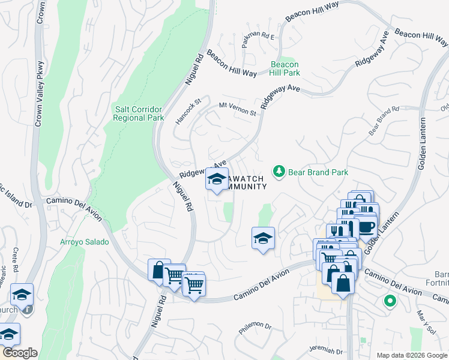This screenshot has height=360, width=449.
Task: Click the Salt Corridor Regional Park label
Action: [138, 113]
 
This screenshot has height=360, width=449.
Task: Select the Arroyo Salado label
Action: [85, 242]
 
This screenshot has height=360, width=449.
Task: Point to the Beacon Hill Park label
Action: [285, 68]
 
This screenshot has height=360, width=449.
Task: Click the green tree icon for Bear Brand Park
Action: [279, 172]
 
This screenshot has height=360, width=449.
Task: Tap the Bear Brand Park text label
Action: [318, 172]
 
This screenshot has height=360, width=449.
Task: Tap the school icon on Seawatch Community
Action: [217, 179]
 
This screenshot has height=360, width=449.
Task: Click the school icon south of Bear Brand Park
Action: [263, 238]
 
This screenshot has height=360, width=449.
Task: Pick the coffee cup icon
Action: [365, 227]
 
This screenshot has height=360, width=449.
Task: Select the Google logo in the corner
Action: [20, 353]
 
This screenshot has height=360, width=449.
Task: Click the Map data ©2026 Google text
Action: [411, 355]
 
